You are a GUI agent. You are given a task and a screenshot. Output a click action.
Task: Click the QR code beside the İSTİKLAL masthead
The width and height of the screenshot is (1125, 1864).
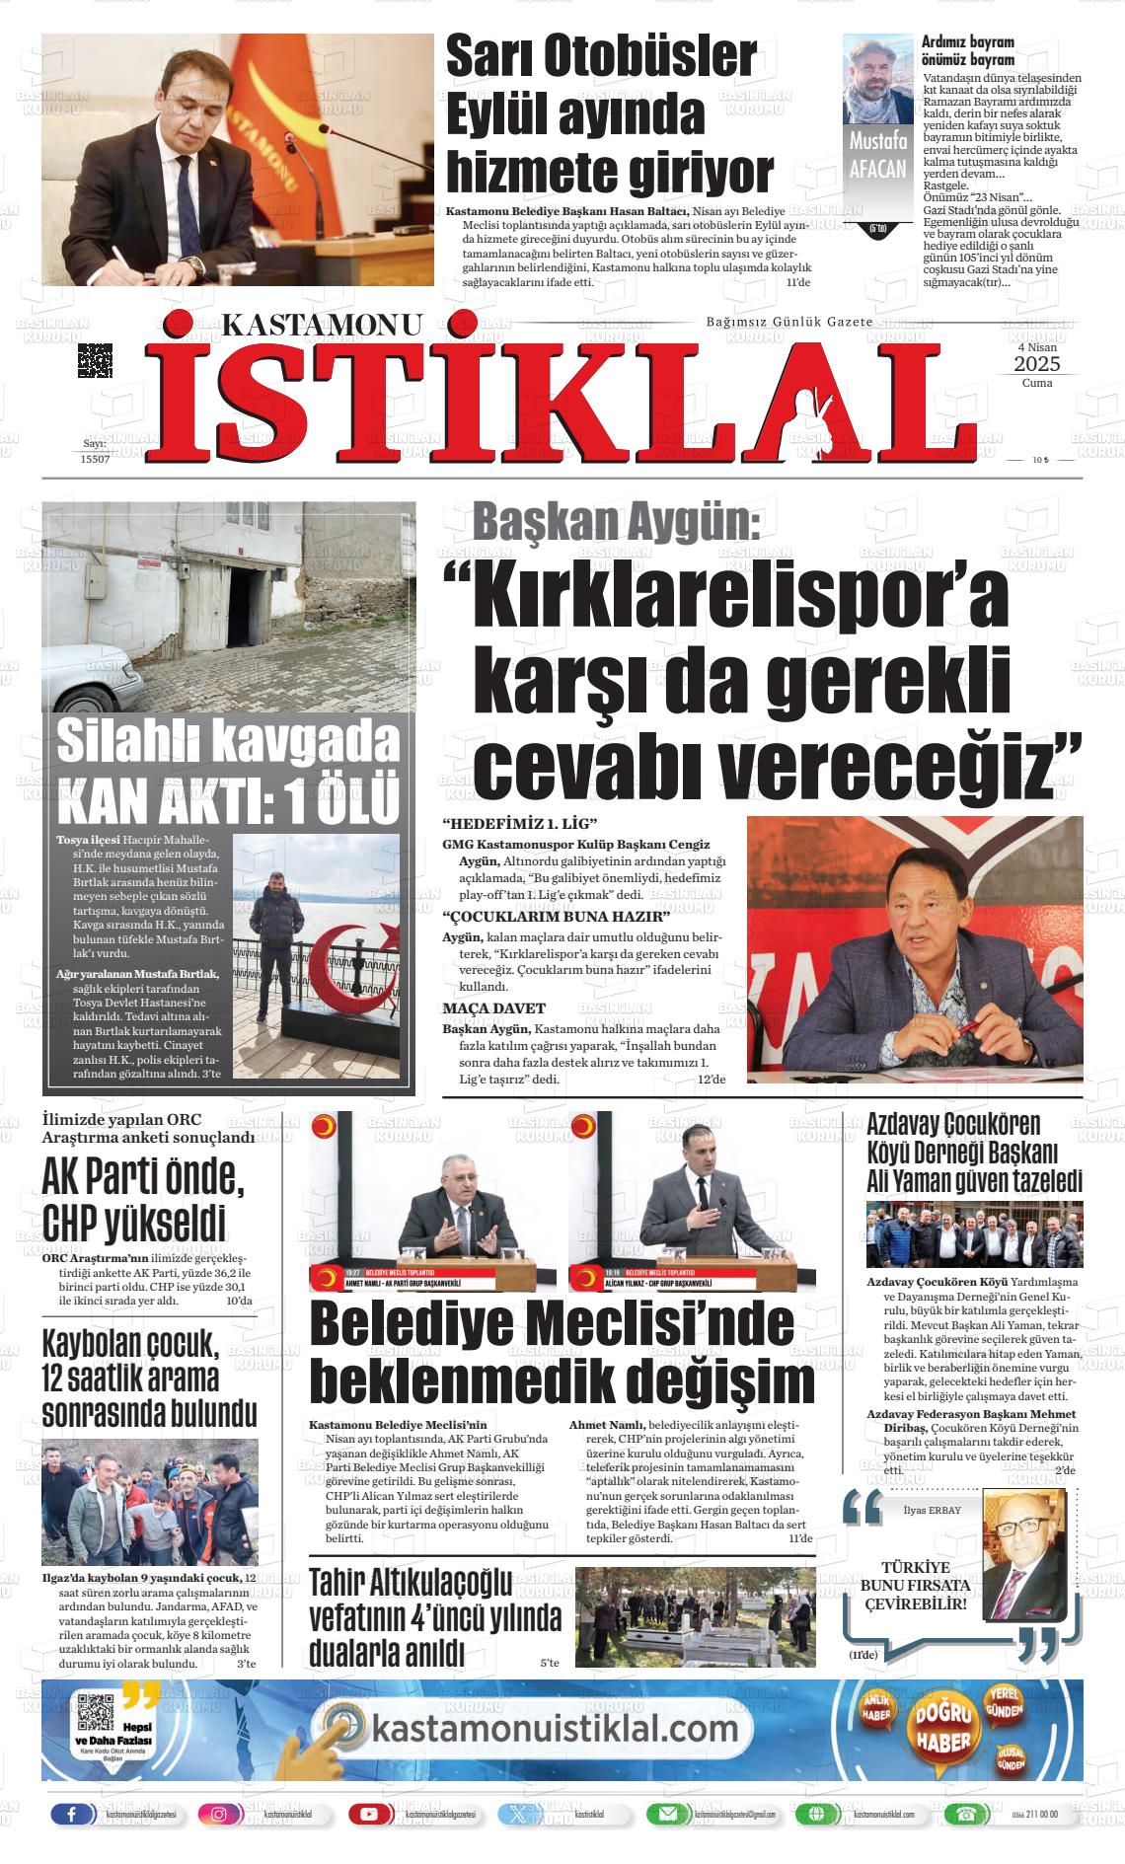click(95, 360)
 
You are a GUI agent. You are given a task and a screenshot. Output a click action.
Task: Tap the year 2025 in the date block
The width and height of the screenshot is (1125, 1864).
click(1036, 365)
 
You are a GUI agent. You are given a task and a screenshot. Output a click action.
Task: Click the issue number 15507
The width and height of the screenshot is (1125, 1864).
click(95, 459)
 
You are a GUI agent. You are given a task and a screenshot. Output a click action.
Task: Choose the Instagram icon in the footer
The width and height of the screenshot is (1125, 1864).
click(219, 1815)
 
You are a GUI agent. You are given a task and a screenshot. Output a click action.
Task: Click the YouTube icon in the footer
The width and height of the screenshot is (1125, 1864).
click(369, 1815)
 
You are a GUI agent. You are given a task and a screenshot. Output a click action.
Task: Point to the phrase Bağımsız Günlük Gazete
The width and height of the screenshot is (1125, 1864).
click(789, 323)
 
